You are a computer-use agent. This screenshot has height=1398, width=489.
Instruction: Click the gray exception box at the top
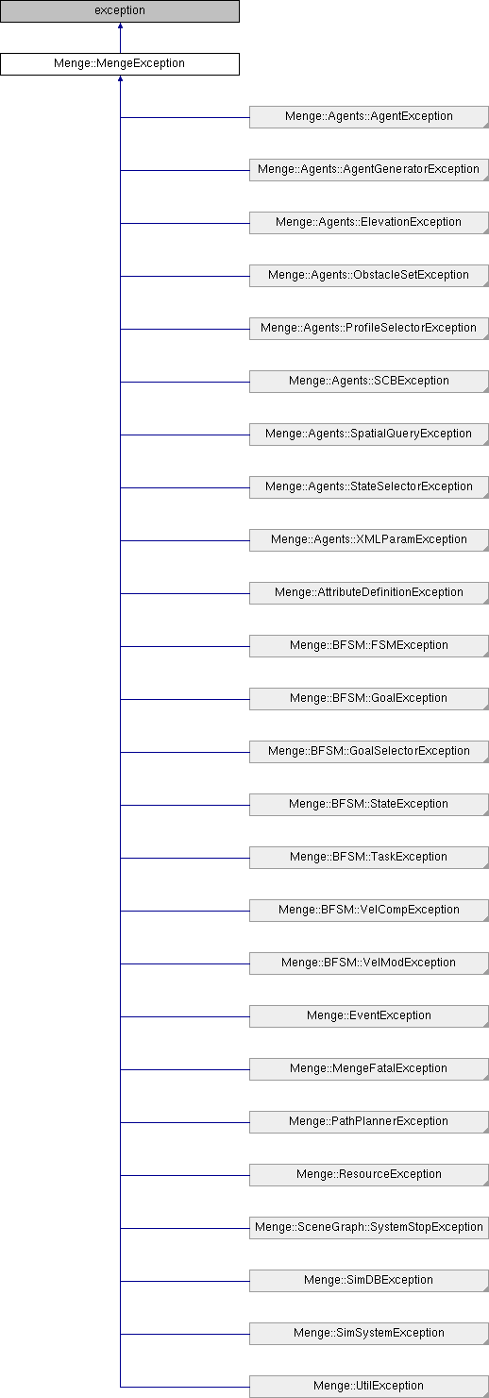coord(120,11)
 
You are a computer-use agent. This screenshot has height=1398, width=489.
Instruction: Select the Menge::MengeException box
coord(120,63)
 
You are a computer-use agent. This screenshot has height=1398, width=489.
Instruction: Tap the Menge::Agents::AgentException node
coord(368,117)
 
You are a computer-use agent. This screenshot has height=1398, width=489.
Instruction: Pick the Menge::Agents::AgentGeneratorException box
coord(368,170)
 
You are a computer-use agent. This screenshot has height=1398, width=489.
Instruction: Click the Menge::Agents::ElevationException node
coord(368,223)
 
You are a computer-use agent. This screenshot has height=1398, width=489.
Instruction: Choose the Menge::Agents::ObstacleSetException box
coord(368,275)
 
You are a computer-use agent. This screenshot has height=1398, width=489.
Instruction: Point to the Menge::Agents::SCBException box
coord(368,382)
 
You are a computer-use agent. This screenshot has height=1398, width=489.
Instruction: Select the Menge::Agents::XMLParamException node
coord(368,540)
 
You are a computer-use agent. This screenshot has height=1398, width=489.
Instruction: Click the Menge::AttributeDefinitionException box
coord(368,593)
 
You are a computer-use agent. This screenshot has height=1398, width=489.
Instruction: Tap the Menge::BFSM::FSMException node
coord(368,646)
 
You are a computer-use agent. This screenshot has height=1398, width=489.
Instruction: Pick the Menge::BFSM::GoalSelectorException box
coord(368,752)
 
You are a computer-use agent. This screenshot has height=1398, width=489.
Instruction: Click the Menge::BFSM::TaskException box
coord(368,858)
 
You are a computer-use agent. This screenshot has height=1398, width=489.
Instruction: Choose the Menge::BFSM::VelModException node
coord(368,963)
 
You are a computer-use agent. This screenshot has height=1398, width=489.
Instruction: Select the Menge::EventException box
coord(368,1016)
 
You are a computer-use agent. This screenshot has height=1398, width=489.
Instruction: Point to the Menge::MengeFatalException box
coord(368,1069)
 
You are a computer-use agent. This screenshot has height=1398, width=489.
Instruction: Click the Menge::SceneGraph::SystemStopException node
coord(368,1228)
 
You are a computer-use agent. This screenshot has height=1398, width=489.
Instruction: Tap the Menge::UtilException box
coord(368,1386)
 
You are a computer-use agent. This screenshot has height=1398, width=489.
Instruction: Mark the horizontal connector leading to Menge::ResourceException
coord(185,1175)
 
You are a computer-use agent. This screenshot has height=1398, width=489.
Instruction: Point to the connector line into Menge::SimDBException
coord(185,1281)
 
